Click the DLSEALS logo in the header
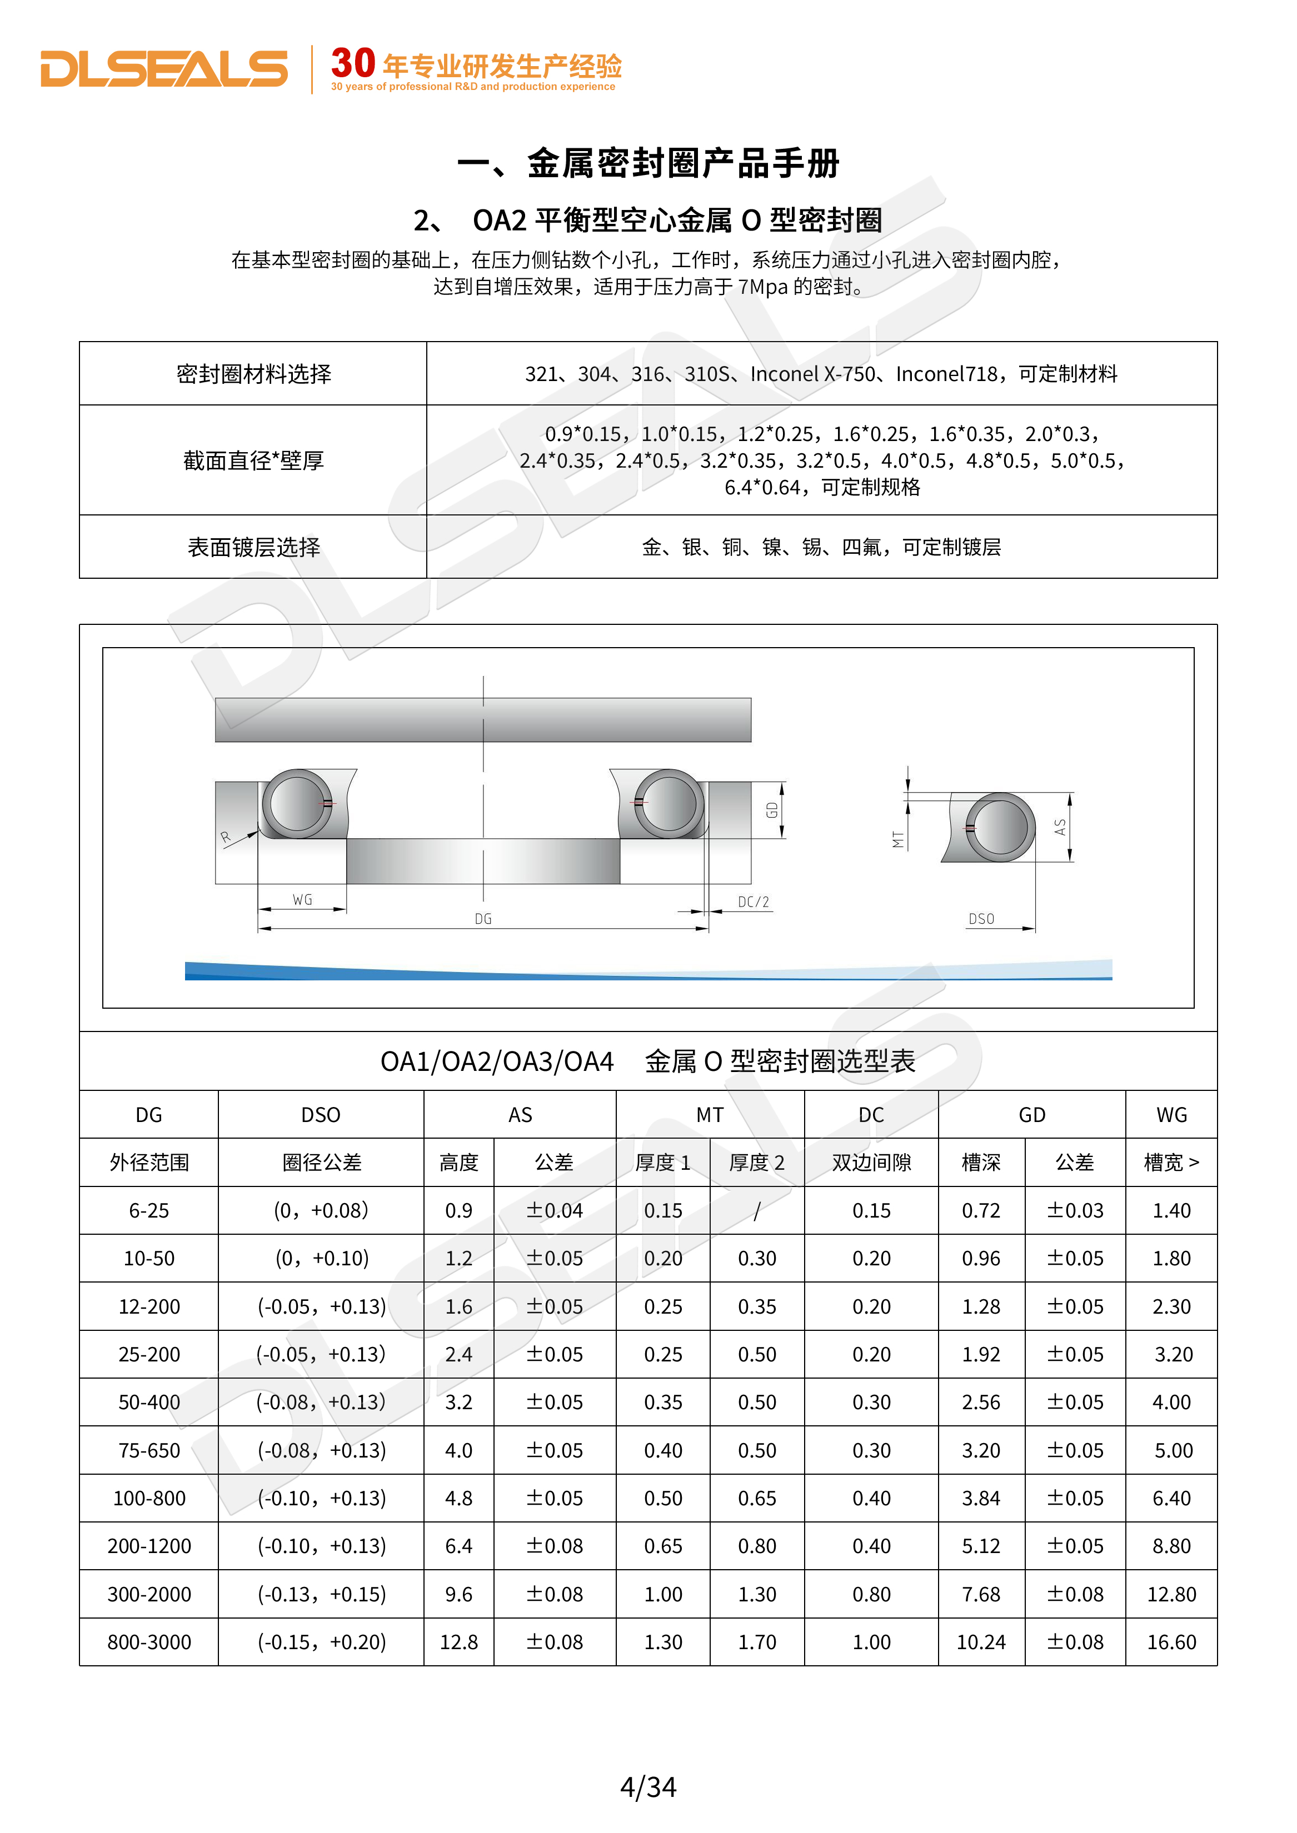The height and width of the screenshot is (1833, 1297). tap(164, 69)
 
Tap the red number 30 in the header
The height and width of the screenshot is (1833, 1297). tap(353, 64)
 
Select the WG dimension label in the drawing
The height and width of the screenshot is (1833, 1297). tap(302, 900)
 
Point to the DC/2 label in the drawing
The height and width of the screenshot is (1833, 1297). tap(753, 902)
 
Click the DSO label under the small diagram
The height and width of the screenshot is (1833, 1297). tap(981, 919)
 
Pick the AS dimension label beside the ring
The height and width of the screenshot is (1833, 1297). tap(1060, 827)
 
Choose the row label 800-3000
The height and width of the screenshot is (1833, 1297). tap(149, 1642)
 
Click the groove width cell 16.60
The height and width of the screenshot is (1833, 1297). tap(1171, 1642)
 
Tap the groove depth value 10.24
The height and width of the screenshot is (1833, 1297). tap(981, 1642)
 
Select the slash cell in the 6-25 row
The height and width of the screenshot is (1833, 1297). tap(756, 1211)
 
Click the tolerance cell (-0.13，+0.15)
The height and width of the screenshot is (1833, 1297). tap(321, 1594)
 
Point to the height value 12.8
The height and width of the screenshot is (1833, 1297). tap(458, 1642)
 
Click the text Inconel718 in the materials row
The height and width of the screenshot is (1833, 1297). tap(946, 374)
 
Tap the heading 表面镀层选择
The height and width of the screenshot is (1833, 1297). tap(253, 548)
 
